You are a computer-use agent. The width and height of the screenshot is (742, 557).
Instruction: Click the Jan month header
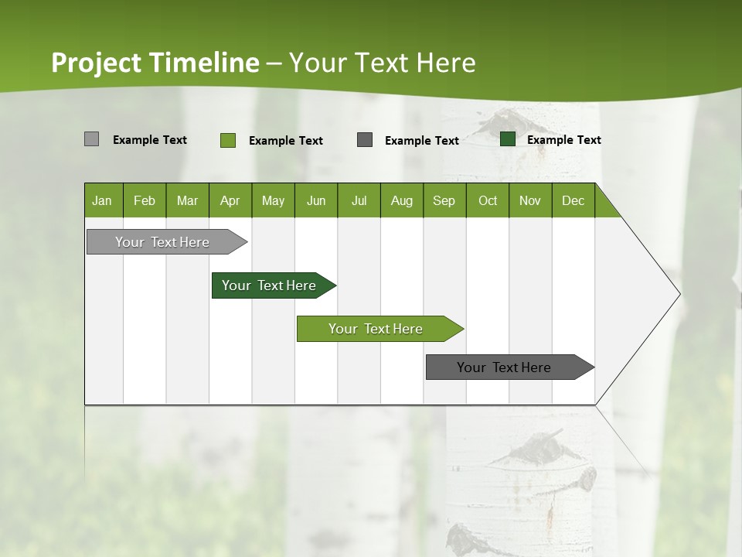(103, 200)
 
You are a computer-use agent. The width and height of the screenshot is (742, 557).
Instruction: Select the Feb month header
(145, 200)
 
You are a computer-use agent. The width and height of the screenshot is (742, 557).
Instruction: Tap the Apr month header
(230, 200)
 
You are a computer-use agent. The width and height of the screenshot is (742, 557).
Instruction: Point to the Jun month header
(315, 200)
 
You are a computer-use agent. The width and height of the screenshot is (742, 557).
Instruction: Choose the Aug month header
(401, 200)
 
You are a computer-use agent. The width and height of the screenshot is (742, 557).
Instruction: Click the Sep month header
(444, 200)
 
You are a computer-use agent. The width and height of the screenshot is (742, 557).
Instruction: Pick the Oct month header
(487, 200)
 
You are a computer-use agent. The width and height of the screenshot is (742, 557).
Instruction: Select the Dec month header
(573, 200)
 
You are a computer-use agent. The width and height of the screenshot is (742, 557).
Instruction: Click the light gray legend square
(91, 139)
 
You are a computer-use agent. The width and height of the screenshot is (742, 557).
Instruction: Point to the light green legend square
(227, 140)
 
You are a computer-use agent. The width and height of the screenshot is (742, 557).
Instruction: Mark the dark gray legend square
(365, 140)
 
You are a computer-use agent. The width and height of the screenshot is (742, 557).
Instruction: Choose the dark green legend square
(508, 139)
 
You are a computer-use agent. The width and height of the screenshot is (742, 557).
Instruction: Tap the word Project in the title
(97, 63)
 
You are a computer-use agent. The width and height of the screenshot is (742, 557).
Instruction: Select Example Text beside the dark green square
(563, 140)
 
